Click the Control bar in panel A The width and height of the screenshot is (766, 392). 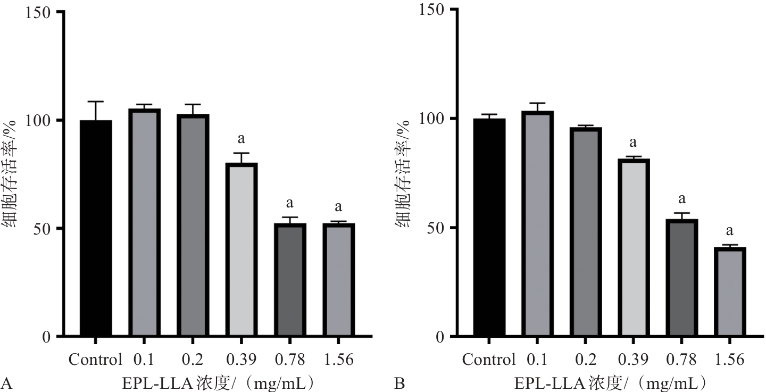96,229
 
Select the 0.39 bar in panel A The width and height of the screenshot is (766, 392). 240,250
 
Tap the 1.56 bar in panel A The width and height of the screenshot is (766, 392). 338,280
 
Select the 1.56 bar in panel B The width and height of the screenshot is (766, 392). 730,292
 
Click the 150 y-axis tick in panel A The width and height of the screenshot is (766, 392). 40,12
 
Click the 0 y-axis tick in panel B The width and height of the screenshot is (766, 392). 439,337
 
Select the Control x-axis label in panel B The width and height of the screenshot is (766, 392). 489,360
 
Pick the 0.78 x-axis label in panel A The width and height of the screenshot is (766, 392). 289,360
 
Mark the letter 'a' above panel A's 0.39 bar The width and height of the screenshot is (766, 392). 240,139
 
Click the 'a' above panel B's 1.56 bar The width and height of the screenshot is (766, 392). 730,231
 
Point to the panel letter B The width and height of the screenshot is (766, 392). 398,382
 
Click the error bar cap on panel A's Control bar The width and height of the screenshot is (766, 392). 96,101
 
